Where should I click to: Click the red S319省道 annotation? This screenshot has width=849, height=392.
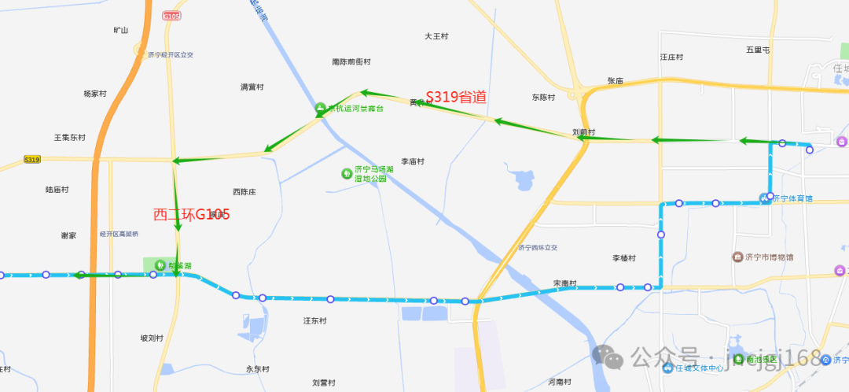[x=456, y=97]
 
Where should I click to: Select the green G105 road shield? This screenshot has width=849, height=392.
[x=171, y=16]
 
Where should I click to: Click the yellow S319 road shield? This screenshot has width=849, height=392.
[x=31, y=159]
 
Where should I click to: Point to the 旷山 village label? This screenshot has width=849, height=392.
[x=120, y=31]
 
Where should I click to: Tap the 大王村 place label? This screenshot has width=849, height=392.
[x=436, y=36]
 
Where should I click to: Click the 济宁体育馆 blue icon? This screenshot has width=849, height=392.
[x=763, y=197]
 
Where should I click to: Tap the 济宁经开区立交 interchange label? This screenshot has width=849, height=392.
[x=170, y=55]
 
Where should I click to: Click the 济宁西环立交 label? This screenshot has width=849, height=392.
[x=538, y=247]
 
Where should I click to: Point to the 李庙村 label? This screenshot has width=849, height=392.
[x=413, y=161]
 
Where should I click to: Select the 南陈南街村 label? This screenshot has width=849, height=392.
[x=351, y=61]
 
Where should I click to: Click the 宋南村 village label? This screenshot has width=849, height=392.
[x=564, y=283]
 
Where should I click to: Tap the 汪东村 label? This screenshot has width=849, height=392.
[x=315, y=320]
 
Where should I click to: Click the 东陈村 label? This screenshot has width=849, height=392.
[x=542, y=98]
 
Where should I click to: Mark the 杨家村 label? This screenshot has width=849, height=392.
[x=94, y=94]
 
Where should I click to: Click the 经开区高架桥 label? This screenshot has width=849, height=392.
[x=119, y=235]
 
